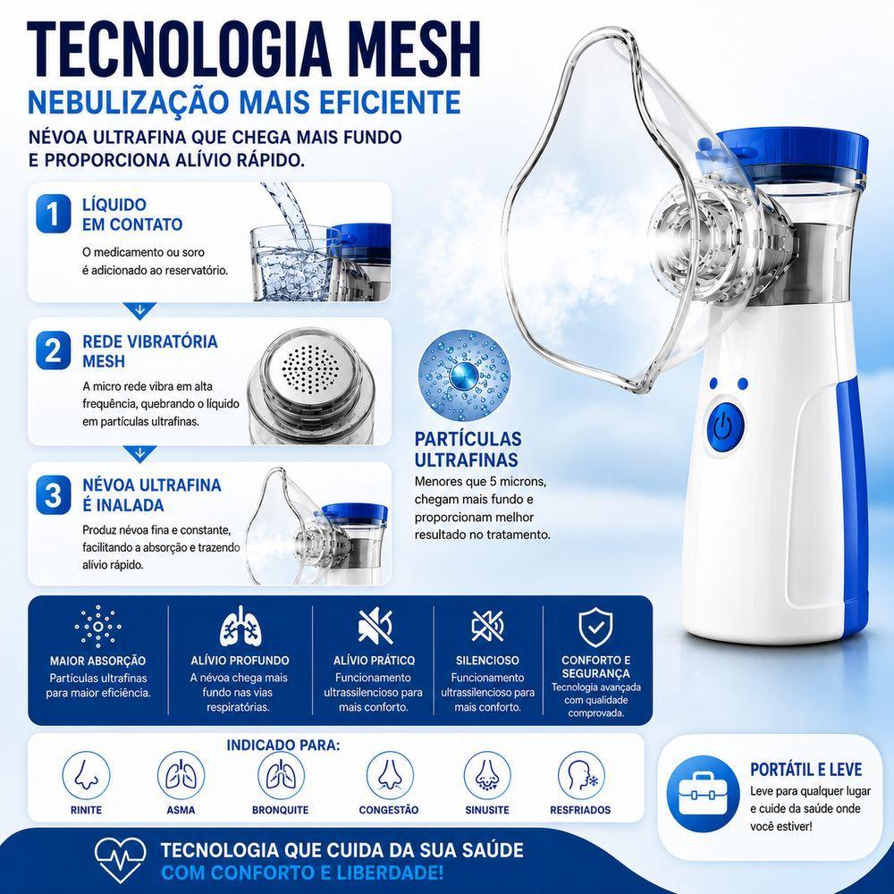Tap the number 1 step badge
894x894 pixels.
[54, 215]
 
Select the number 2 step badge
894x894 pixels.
[54, 350]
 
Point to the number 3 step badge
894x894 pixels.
[54, 494]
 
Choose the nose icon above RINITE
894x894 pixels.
[86, 775]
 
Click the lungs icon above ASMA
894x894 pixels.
[181, 775]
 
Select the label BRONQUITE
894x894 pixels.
[281, 810]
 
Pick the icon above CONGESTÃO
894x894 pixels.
[390, 775]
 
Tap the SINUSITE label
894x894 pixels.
[487, 810]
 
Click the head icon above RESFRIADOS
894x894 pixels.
[580, 775]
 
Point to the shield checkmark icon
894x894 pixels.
[595, 628]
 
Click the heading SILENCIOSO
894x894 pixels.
[487, 661]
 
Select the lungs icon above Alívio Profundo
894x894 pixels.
[240, 627]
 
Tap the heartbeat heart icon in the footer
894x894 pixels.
[121, 858]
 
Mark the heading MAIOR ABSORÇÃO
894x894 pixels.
[97, 662]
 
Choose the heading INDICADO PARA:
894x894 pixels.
[283, 746]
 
